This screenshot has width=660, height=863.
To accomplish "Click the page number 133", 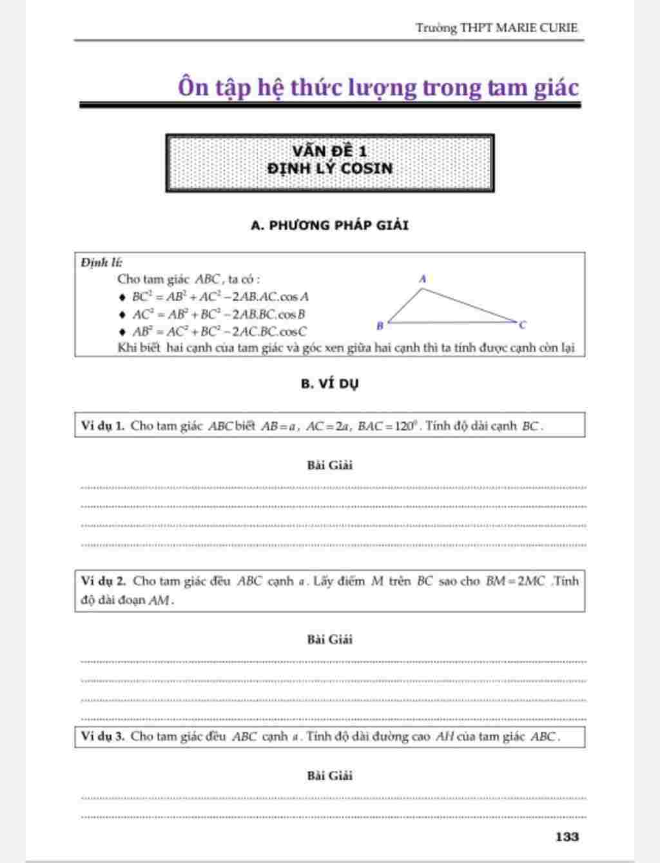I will [x=567, y=837].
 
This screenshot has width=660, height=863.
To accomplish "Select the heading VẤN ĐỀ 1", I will [x=329, y=151].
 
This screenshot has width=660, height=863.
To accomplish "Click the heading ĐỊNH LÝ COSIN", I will [x=329, y=168].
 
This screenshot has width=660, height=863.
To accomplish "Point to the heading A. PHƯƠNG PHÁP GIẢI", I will [x=329, y=225].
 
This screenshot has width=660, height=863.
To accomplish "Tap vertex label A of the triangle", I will [x=423, y=279].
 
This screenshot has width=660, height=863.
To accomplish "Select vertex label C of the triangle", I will [x=523, y=325].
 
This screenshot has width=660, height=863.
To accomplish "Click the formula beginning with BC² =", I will [x=220, y=297].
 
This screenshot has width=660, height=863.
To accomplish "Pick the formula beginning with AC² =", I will [x=218, y=315].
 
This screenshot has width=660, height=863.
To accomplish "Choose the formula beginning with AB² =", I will [x=219, y=332].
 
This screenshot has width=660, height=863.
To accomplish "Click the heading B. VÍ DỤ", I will [x=329, y=383].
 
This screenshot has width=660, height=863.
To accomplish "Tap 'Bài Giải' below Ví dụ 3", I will [x=329, y=775].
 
